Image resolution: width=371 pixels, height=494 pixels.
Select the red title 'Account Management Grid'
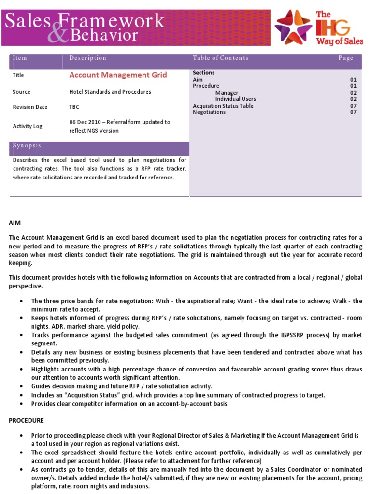coord(118,75)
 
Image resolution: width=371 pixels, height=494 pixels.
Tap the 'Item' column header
coord(20,58)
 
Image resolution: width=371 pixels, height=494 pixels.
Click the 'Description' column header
coord(87,58)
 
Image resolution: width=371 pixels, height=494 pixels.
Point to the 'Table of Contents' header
coord(220,58)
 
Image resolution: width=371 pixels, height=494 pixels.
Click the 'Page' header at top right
coord(346,58)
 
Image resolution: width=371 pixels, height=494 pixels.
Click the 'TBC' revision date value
coord(74,107)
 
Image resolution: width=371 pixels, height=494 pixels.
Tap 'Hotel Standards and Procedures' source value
coord(110,92)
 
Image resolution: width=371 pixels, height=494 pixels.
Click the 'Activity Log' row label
coord(27,126)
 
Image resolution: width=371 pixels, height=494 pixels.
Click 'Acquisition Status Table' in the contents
coord(223,106)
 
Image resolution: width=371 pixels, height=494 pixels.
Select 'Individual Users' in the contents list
coord(235,99)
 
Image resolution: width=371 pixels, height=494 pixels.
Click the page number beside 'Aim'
coord(353,79)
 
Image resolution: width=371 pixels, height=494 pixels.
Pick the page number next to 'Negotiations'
coord(353,112)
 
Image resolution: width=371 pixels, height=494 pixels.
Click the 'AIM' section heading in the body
coord(14,223)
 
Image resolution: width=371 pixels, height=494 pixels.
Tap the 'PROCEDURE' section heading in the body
coord(26,420)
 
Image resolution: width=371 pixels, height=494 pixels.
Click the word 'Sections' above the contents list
coord(203,73)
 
